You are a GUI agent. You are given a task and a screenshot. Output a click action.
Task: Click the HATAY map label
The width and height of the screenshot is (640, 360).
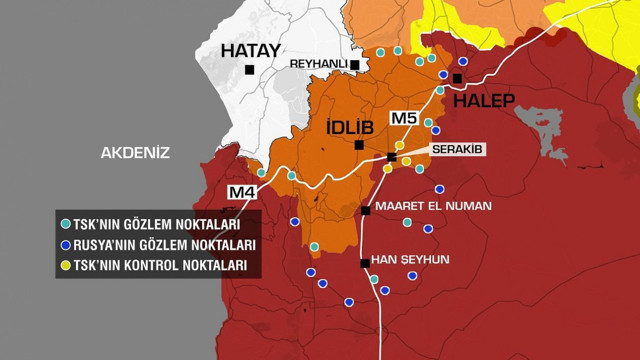(x=250, y=51)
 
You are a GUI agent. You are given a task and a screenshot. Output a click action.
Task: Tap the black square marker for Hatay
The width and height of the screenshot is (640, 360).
(x=249, y=70)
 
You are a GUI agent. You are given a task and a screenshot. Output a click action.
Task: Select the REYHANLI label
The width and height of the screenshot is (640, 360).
(x=318, y=64)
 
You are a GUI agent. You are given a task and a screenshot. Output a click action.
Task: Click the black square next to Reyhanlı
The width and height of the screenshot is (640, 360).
(x=355, y=64)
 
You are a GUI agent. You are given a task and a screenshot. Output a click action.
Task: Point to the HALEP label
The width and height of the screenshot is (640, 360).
(x=484, y=100)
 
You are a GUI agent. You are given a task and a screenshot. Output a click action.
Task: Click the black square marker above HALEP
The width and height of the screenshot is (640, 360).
(x=457, y=78)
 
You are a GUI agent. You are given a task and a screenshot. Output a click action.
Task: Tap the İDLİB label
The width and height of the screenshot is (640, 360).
(x=350, y=127)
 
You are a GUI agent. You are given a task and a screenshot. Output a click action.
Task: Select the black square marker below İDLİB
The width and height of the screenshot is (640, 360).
(x=359, y=145)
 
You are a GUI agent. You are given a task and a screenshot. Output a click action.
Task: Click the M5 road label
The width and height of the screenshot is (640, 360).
(x=403, y=119)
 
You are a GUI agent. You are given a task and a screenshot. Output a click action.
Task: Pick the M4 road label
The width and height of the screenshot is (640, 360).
(x=241, y=192)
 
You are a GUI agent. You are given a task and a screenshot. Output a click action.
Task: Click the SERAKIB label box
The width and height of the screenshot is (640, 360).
(x=457, y=149)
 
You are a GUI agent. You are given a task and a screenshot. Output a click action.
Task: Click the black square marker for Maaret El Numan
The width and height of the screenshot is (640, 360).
(x=366, y=210)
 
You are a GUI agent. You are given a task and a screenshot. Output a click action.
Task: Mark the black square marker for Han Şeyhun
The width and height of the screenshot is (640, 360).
(x=364, y=263)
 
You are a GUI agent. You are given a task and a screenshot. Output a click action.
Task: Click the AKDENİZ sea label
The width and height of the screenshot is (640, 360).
(x=135, y=153)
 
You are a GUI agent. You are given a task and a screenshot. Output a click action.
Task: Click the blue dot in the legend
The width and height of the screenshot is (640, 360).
(x=65, y=245)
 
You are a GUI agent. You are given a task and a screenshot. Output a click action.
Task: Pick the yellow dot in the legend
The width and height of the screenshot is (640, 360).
(x=65, y=266)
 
